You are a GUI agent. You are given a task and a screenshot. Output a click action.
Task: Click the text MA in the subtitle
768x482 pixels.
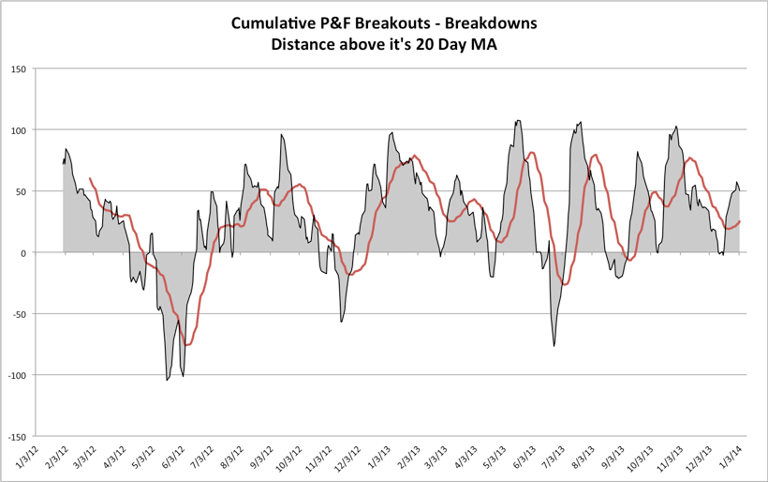[x=477, y=43]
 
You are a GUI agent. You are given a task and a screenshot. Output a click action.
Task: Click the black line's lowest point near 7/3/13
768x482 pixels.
[x=554, y=346]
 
